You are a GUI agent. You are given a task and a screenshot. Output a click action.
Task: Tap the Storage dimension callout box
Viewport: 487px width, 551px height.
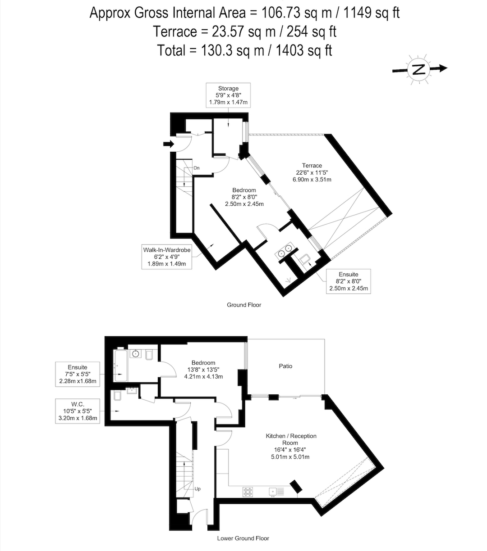[228, 95]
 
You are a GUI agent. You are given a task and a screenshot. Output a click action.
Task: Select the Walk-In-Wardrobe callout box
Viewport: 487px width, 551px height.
[167, 257]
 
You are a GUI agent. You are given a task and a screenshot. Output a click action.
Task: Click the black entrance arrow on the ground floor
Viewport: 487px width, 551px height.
[169, 144]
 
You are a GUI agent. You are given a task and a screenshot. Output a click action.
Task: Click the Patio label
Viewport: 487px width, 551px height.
[285, 366]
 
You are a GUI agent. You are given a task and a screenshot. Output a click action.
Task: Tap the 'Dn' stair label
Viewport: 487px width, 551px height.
[197, 168]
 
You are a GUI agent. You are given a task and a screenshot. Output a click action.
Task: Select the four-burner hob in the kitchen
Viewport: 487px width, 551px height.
[248, 492]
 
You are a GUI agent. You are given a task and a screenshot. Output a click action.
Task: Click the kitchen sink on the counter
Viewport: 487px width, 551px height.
[276, 492]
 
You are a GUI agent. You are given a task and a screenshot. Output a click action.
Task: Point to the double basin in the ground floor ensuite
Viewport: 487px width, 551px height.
[285, 250]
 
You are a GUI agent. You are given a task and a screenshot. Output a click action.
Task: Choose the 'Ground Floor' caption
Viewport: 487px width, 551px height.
[244, 305]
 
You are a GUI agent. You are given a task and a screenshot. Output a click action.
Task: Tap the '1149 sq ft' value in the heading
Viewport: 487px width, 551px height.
[372, 13]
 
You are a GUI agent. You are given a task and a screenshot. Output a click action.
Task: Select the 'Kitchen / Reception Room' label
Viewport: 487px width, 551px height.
[291, 439]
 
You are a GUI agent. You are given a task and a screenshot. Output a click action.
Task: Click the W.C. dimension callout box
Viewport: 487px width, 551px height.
[78, 411]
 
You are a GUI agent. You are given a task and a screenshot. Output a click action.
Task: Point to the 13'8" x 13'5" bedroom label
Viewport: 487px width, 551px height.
[203, 370]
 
